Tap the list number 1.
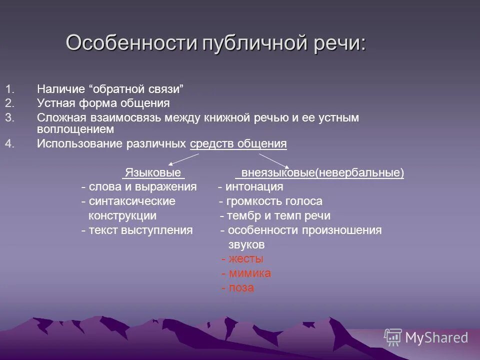10,90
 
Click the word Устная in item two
55,103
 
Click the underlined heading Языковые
153,173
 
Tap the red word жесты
245,259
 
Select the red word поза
241,288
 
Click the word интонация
254,187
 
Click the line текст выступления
140,230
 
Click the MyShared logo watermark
426,337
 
